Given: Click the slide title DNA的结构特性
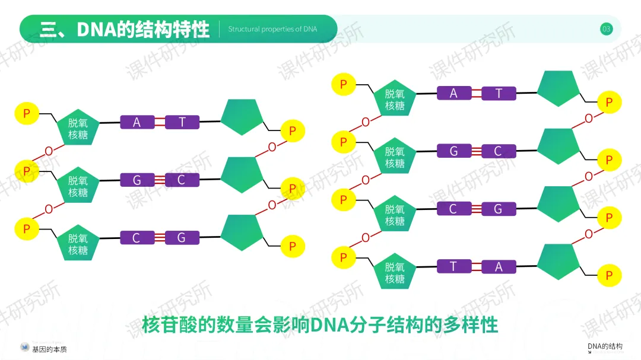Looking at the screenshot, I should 142,29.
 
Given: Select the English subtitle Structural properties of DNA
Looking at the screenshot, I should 272,29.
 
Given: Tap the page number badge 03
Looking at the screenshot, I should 606,29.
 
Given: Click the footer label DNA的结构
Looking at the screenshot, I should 605,346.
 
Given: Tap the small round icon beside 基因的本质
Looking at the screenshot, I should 25,348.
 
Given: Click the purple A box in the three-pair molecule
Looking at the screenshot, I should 137,123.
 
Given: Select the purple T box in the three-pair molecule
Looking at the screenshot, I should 182,123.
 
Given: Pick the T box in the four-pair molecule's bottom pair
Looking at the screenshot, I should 453,266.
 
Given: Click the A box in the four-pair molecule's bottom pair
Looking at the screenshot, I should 499,267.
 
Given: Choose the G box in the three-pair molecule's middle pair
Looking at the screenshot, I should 137,180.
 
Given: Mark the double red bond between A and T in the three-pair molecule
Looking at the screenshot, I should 160,123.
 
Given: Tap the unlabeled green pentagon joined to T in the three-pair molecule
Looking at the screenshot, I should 242,117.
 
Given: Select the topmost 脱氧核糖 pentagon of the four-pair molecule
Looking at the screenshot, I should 395,99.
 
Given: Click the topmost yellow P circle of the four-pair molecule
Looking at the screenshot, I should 343,84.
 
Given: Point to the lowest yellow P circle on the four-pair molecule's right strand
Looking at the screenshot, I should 609,275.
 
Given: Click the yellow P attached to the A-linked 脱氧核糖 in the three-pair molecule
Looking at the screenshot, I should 26,113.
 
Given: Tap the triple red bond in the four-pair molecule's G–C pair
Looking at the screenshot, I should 476,151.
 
